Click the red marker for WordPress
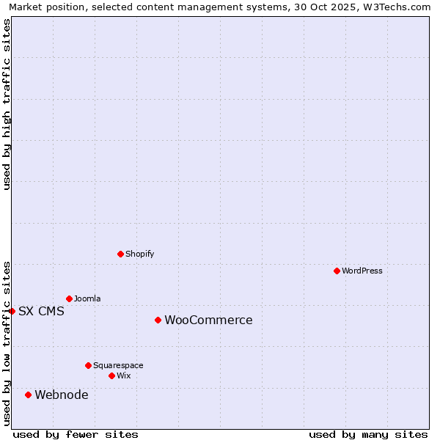coord(337,271)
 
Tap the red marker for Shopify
coord(120,254)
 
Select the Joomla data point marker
coord(69,298)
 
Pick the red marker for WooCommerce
coord(158,320)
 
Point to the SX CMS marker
coord(12,311)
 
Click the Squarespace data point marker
coord(88,365)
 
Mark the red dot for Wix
coord(111,375)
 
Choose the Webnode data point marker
coord(28,395)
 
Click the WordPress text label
coord(362,271)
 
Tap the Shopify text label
coord(139,254)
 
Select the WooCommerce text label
coord(208,320)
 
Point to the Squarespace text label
coord(118,365)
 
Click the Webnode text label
coord(62,395)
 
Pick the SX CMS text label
coord(41,311)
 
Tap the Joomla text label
coord(87,298)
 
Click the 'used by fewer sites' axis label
coord(76,434)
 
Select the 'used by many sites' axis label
coord(368,434)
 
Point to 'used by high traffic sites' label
coord(7,104)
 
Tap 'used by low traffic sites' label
coord(7,342)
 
